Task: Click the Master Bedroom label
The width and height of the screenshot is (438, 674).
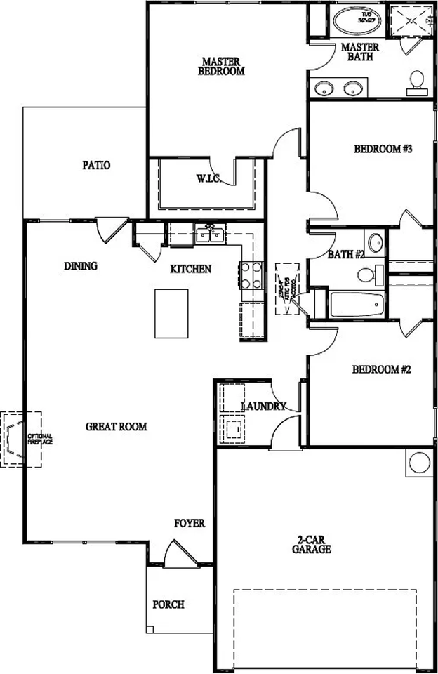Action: click(221, 66)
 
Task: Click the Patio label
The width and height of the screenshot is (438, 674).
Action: click(96, 166)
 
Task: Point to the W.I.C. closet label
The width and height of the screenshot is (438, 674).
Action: click(209, 179)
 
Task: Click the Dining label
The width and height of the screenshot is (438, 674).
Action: click(81, 266)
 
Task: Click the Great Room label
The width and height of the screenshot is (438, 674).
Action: click(117, 426)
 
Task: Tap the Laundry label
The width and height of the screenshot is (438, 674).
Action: click(263, 406)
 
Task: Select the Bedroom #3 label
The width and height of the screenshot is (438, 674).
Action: click(382, 149)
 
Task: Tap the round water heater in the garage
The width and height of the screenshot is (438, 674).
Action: click(419, 463)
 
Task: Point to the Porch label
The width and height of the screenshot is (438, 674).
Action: click(168, 604)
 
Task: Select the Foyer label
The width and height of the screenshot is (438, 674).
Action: click(190, 523)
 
